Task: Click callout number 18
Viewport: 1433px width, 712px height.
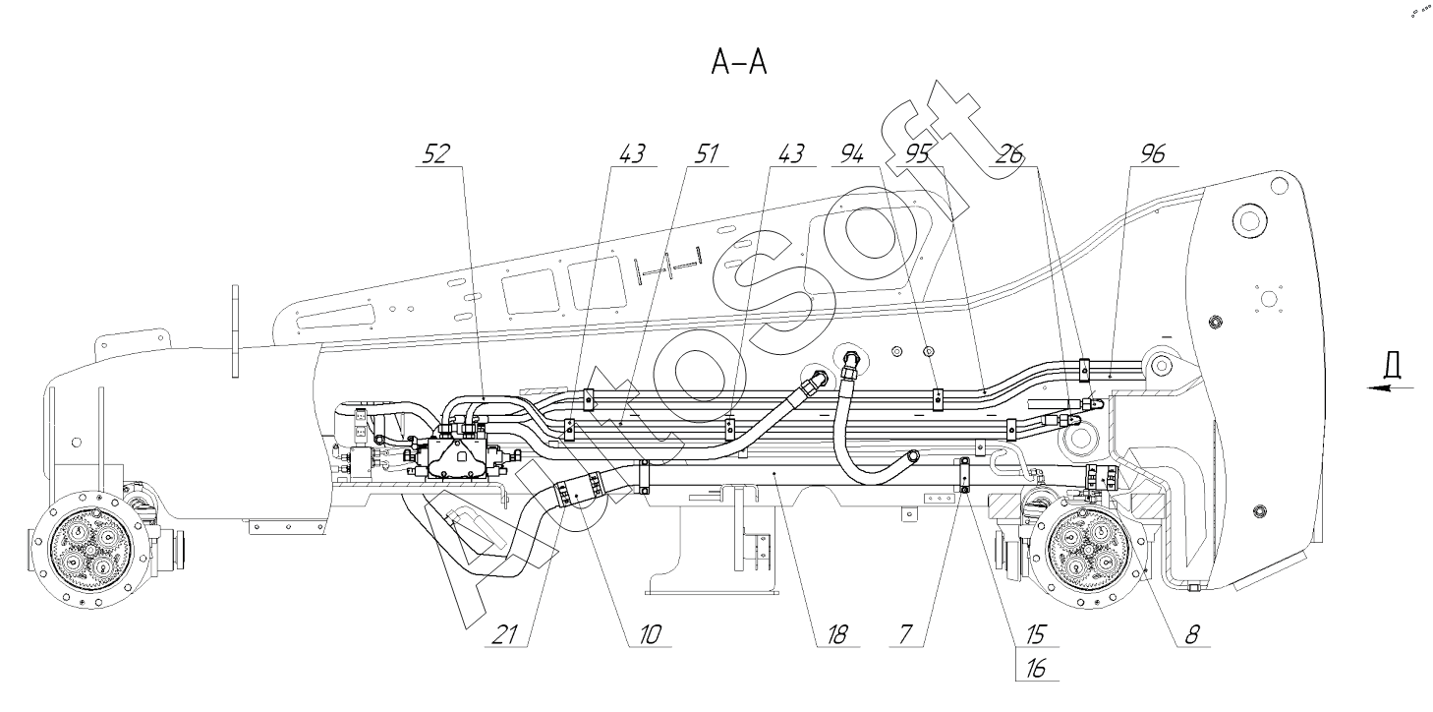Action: point(837,634)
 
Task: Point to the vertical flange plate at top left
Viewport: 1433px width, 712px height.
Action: point(236,330)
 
